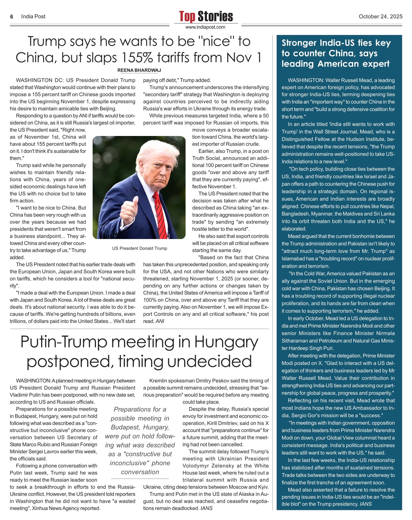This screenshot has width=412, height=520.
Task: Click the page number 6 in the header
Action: point(12,17)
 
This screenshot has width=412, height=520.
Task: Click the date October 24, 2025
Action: point(380,17)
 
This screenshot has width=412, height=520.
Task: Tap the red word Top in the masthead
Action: point(187,16)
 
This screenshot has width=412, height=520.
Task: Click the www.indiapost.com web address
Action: point(205,27)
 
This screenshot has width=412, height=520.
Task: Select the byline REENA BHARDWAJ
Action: point(139,70)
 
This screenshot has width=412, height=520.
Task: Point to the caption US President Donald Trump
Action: point(140,248)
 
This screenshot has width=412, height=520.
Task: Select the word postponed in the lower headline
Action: point(69,362)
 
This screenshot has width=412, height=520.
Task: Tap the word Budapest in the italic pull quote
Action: point(125,427)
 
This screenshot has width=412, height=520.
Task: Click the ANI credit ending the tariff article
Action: point(160,321)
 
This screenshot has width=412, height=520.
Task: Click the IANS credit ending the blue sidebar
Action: point(366,504)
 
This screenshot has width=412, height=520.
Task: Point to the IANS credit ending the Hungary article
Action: point(206,508)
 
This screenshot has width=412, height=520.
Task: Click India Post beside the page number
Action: point(33,17)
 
